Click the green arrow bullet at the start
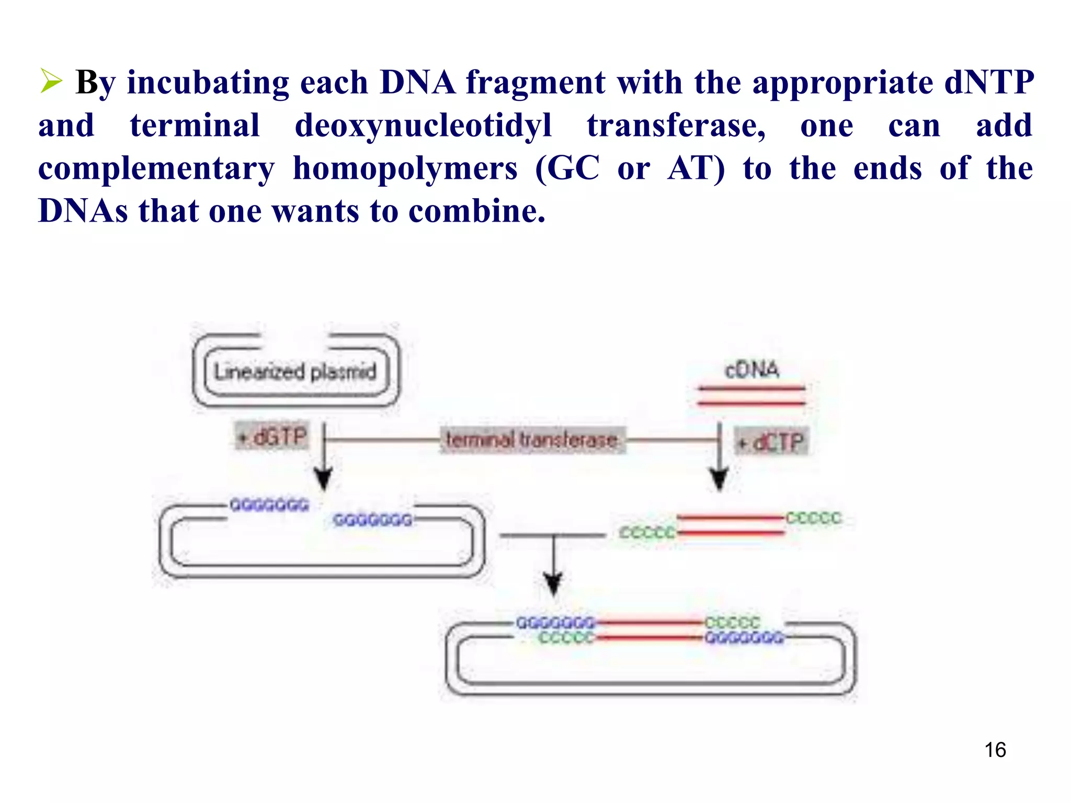point(51,82)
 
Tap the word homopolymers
point(405,169)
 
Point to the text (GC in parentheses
point(567,169)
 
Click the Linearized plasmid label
point(295,372)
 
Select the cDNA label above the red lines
point(751,370)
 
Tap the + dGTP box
point(272,437)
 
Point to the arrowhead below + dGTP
point(323,478)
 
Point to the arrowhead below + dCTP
point(719,479)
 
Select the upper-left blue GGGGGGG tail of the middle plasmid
point(269,506)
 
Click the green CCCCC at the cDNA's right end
point(813,518)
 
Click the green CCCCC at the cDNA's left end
point(646,533)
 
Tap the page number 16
point(995,750)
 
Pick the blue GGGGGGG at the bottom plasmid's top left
point(555,623)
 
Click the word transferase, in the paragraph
point(676,126)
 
